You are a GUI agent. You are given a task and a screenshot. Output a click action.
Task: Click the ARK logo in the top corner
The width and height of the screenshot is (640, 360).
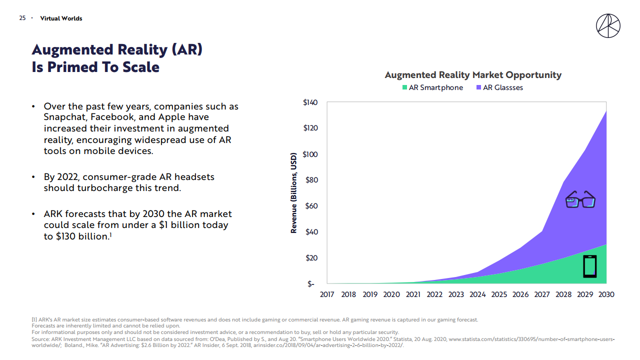(608, 25)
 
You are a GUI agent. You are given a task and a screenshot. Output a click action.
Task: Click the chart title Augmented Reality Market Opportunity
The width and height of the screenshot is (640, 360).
(473, 75)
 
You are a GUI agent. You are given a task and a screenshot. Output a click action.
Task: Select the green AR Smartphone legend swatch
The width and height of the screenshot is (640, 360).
(404, 88)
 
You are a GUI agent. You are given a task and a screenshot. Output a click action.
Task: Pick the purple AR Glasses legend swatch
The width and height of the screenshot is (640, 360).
(478, 88)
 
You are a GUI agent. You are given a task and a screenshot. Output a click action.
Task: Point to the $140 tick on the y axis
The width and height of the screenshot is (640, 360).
(310, 102)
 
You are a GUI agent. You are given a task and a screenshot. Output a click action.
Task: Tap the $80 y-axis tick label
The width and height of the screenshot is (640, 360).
(311, 180)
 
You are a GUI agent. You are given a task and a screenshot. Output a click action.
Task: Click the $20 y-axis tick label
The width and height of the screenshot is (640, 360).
(311, 258)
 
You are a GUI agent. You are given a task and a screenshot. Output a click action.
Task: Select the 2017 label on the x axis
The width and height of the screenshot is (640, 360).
(327, 294)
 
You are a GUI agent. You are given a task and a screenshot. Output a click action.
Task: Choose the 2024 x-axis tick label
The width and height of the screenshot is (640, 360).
(477, 294)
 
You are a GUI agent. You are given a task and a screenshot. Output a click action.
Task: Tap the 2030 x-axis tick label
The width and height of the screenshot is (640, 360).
(606, 294)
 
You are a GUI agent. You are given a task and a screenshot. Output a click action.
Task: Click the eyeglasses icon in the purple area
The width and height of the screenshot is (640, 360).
(580, 199)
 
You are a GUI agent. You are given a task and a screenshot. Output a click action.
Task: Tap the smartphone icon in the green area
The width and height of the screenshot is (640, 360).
(590, 266)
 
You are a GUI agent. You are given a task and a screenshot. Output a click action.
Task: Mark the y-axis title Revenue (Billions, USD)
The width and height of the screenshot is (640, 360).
(294, 193)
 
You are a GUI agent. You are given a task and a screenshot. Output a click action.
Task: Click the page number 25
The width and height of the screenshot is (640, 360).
(22, 18)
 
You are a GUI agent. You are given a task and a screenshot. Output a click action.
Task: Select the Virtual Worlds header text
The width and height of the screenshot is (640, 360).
(61, 18)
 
